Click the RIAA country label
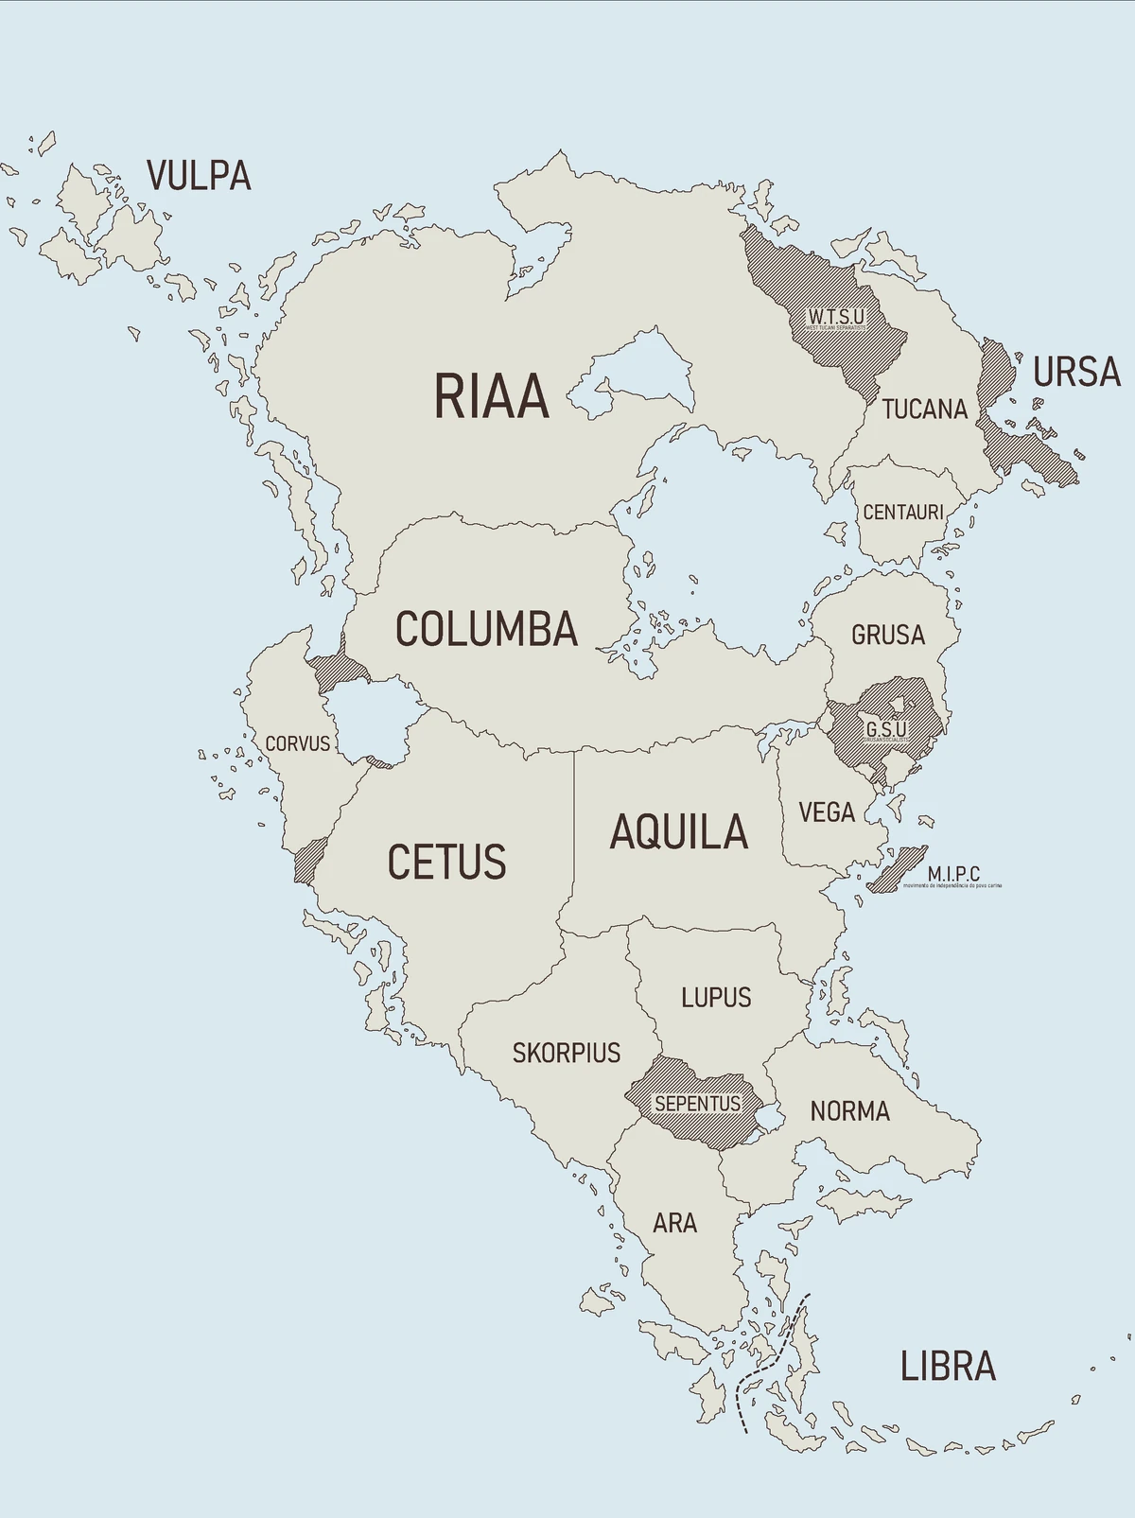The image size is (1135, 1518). point(491,396)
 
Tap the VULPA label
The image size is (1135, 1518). point(199,176)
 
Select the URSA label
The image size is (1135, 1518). point(1076,373)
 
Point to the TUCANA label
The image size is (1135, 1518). point(924,410)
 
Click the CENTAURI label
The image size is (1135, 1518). point(903,512)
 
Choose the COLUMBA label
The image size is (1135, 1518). point(486,629)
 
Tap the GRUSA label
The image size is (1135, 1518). point(887,635)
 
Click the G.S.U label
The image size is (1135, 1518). point(886,729)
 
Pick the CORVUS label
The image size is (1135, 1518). point(297,743)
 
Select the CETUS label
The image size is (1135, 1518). point(446,862)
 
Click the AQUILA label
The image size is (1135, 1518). point(678,832)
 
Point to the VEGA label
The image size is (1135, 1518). point(826,812)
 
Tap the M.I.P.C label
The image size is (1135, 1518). point(953,874)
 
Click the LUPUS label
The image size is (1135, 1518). point(716,998)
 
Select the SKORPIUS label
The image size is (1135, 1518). point(567,1053)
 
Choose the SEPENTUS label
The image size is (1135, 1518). point(698,1104)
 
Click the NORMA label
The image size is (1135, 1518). point(849,1111)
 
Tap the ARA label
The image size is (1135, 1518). point(674,1223)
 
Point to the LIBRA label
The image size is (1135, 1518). point(948,1366)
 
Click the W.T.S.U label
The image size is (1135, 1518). point(836,316)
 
